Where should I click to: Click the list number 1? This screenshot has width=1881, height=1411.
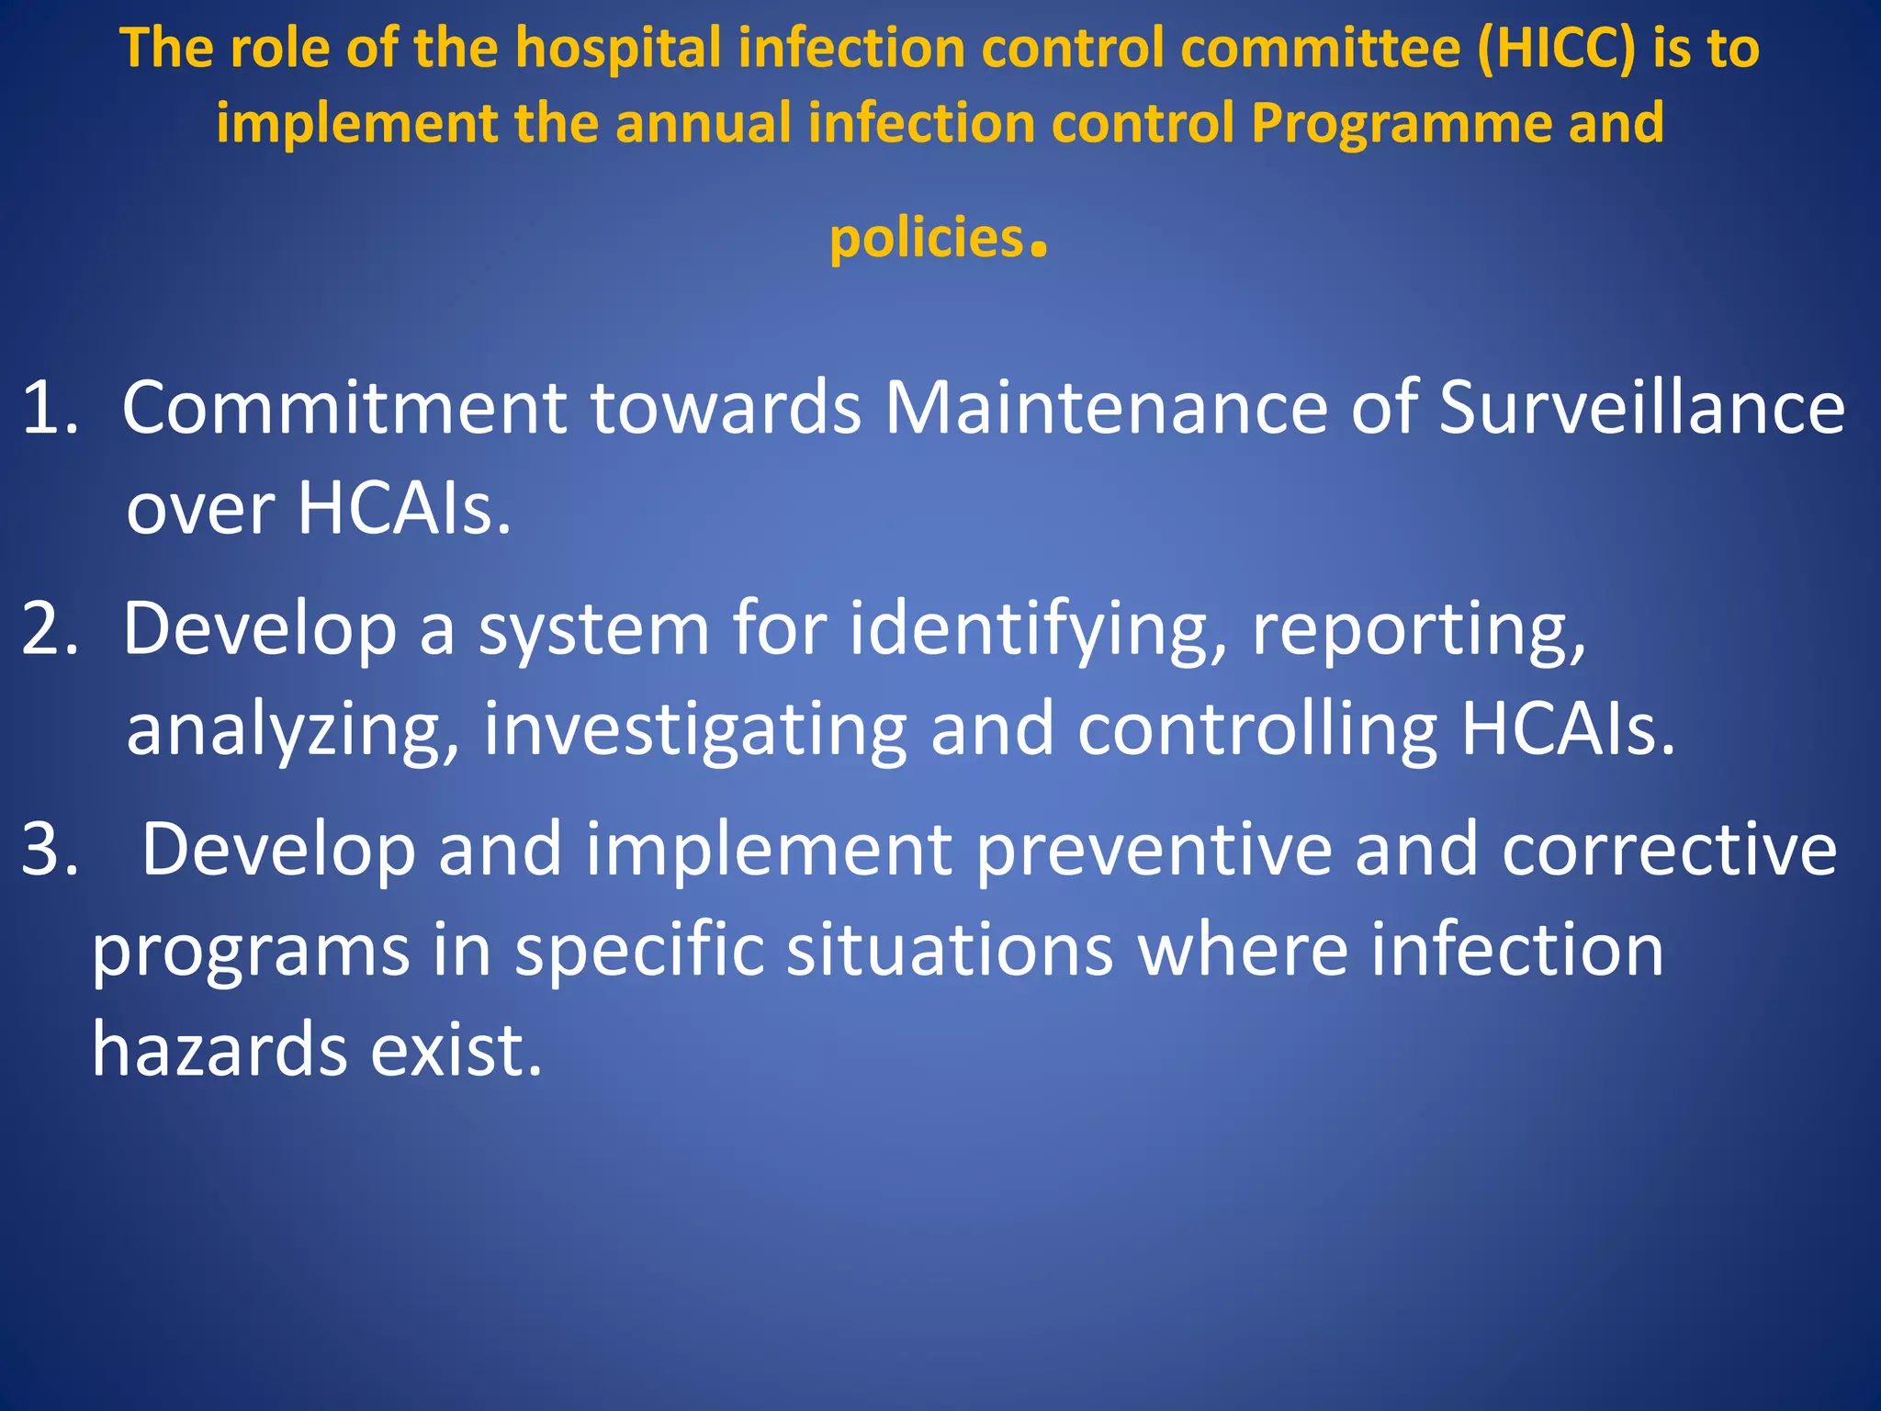(48, 408)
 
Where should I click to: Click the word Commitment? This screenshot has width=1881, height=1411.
(344, 408)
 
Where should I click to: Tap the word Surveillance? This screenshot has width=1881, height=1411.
(1641, 408)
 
